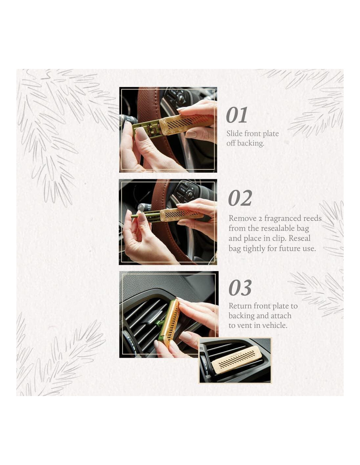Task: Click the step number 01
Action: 237,115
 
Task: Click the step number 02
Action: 240,198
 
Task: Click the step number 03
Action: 240,288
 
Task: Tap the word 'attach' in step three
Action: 281,316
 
